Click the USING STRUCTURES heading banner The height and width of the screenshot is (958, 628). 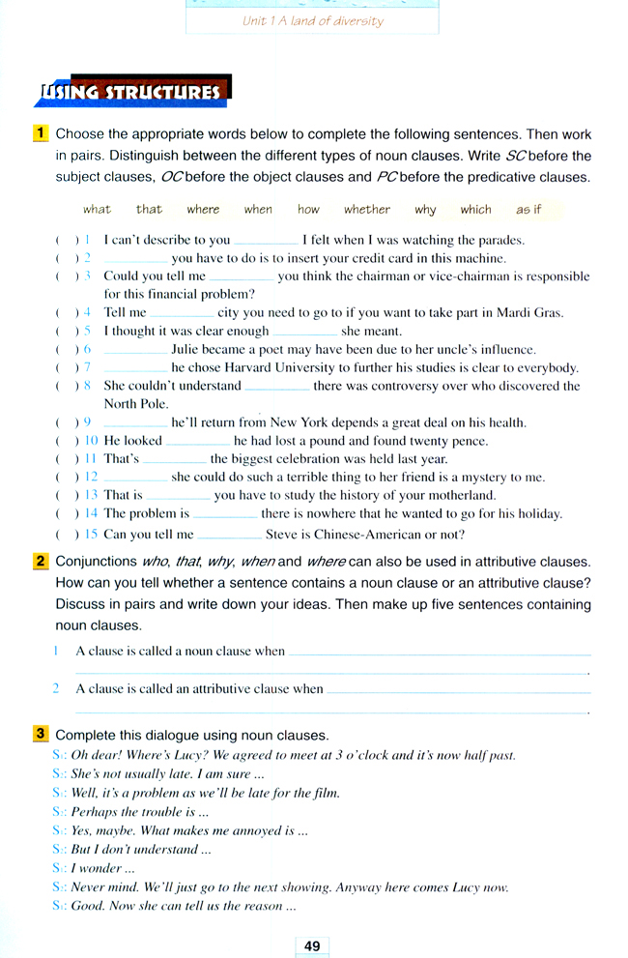pyautogui.click(x=131, y=92)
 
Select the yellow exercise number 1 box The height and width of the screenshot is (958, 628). pyautogui.click(x=42, y=133)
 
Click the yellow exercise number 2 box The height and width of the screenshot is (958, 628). pyautogui.click(x=42, y=561)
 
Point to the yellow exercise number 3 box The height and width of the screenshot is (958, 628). pyautogui.click(x=42, y=734)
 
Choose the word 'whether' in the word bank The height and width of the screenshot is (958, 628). pyautogui.click(x=367, y=209)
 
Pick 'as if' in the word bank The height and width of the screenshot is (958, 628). pyautogui.click(x=528, y=209)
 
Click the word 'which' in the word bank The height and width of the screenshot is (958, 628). pyautogui.click(x=475, y=209)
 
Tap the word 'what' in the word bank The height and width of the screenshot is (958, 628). pyautogui.click(x=97, y=209)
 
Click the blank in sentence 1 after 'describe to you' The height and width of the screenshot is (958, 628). pyautogui.click(x=266, y=241)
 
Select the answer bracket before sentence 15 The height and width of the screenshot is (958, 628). pyautogui.click(x=67, y=534)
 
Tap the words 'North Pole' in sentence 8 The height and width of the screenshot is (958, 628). pyautogui.click(x=136, y=404)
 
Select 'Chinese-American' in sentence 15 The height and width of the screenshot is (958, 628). pyautogui.click(x=357, y=534)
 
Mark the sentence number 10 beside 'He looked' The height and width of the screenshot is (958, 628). pyautogui.click(x=93, y=441)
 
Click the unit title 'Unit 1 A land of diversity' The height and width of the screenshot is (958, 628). pyautogui.click(x=312, y=20)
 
